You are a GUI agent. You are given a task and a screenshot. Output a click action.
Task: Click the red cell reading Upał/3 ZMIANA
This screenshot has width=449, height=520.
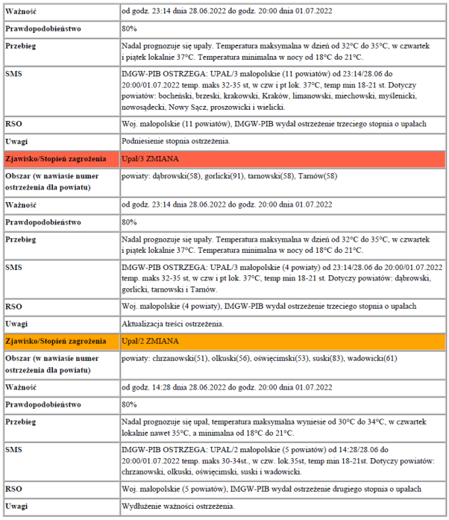pyautogui.click(x=150, y=159)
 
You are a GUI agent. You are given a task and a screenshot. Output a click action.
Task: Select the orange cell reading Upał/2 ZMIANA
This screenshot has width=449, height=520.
pyautogui.click(x=150, y=341)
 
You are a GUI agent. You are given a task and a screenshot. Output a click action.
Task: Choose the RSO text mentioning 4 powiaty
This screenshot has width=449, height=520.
pyautogui.click(x=269, y=306)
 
